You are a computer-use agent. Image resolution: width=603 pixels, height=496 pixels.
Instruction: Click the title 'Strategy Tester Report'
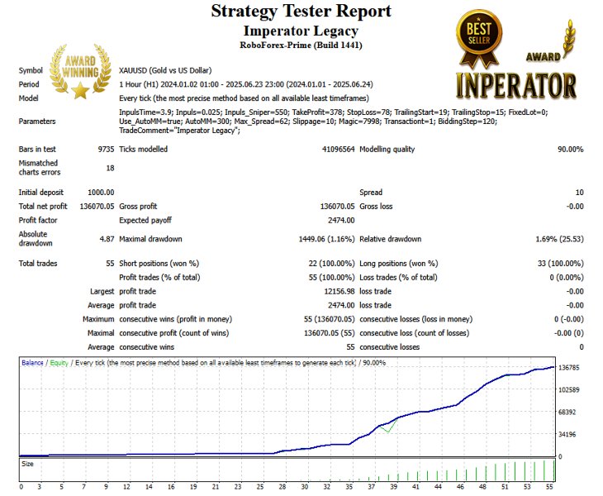coord(301,11)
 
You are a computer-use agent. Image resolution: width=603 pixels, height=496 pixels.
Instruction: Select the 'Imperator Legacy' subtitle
coord(301,29)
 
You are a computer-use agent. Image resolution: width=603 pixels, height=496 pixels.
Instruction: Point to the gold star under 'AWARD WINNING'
coord(79,90)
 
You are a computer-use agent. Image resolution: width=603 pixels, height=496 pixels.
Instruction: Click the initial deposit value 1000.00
coord(100,193)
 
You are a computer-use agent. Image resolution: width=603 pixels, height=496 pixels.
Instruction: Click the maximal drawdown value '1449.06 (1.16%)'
coord(321,239)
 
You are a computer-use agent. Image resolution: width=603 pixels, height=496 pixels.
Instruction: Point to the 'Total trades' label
coord(40,263)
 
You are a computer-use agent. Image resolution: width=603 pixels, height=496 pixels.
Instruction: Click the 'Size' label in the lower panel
coord(28,465)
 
